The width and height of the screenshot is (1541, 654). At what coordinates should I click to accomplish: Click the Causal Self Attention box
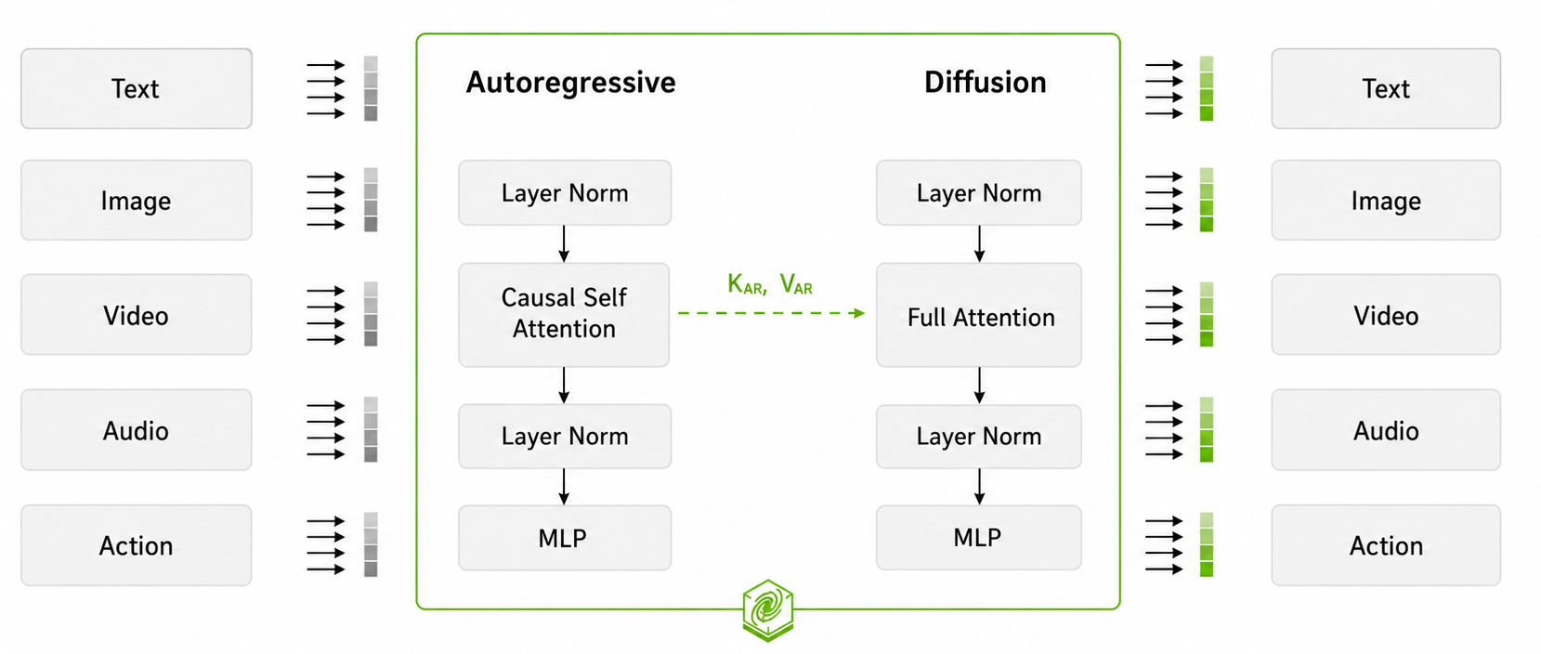(x=564, y=314)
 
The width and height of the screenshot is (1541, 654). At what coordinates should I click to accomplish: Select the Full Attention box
(x=979, y=314)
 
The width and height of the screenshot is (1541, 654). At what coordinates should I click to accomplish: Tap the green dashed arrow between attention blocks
(x=771, y=313)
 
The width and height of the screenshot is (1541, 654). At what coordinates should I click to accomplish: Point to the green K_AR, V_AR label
(x=770, y=284)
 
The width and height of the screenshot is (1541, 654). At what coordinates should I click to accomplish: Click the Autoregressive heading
(x=571, y=83)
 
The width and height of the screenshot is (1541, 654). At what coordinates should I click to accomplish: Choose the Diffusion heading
(x=986, y=83)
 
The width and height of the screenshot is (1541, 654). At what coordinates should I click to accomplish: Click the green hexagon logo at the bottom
(x=768, y=610)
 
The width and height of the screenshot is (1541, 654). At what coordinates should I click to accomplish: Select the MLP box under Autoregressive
(x=565, y=538)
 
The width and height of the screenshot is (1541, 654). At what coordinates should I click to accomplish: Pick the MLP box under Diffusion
(x=979, y=537)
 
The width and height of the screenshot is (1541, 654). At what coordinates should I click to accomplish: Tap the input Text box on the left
(x=137, y=88)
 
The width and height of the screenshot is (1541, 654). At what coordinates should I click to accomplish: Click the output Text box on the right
(x=1386, y=88)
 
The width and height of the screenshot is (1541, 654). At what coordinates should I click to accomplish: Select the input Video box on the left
(x=137, y=314)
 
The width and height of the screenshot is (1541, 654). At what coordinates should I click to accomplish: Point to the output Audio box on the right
(x=1386, y=430)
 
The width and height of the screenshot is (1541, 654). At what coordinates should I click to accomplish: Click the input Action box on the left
(x=137, y=545)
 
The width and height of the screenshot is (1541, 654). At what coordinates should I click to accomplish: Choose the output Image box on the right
(x=1386, y=200)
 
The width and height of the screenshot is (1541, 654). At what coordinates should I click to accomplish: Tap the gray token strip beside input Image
(x=371, y=200)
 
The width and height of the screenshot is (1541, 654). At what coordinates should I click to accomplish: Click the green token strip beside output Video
(x=1207, y=314)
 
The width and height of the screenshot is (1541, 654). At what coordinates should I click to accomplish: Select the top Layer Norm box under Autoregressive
(x=565, y=192)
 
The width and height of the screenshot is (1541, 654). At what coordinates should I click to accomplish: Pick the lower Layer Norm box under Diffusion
(x=979, y=436)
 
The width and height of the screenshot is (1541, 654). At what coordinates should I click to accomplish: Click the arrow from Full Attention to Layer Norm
(x=979, y=386)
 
